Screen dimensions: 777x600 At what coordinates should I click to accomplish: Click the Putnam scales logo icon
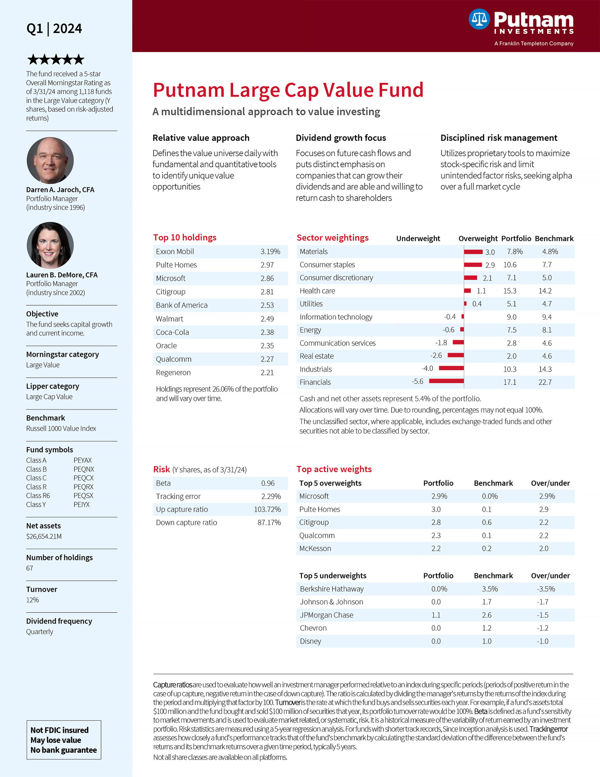[x=479, y=19]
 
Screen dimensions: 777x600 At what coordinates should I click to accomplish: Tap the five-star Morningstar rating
[x=56, y=59]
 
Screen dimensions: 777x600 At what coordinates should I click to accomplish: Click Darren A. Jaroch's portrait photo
[x=50, y=161]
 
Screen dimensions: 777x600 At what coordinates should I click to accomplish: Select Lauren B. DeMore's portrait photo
[x=50, y=246]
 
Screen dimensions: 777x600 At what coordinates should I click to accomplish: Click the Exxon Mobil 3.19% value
[x=270, y=252]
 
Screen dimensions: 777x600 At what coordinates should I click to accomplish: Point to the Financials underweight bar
[x=446, y=381]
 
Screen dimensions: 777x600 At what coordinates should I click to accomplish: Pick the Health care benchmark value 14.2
[x=545, y=291]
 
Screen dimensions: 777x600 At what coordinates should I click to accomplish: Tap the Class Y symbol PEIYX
[x=82, y=504]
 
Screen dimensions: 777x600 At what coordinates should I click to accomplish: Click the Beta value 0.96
[x=268, y=483]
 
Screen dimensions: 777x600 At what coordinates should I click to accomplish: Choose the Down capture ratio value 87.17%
[x=269, y=523]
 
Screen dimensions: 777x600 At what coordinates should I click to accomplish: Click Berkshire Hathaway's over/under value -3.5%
[x=546, y=589]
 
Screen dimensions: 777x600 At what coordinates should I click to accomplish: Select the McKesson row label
[x=315, y=548]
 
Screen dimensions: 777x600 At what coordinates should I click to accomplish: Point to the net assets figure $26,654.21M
[x=44, y=536]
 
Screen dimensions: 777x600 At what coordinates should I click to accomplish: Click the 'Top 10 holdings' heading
[x=185, y=237]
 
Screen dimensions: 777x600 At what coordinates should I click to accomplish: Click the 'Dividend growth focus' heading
[x=341, y=138]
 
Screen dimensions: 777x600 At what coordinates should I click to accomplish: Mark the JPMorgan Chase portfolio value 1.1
[x=436, y=615]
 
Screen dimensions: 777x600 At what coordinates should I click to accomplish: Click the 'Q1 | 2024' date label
[x=54, y=29]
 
